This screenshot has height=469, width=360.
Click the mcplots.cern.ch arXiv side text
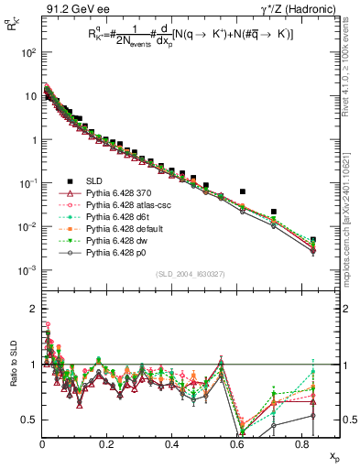coord(353,183)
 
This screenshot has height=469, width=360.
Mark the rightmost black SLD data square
coord(313,241)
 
